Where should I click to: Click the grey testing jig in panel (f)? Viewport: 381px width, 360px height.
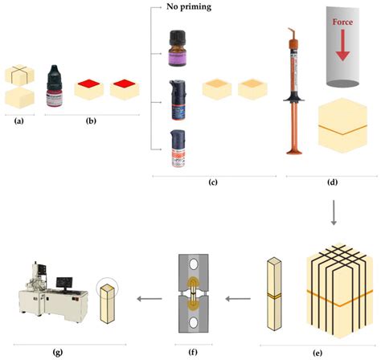197,297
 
